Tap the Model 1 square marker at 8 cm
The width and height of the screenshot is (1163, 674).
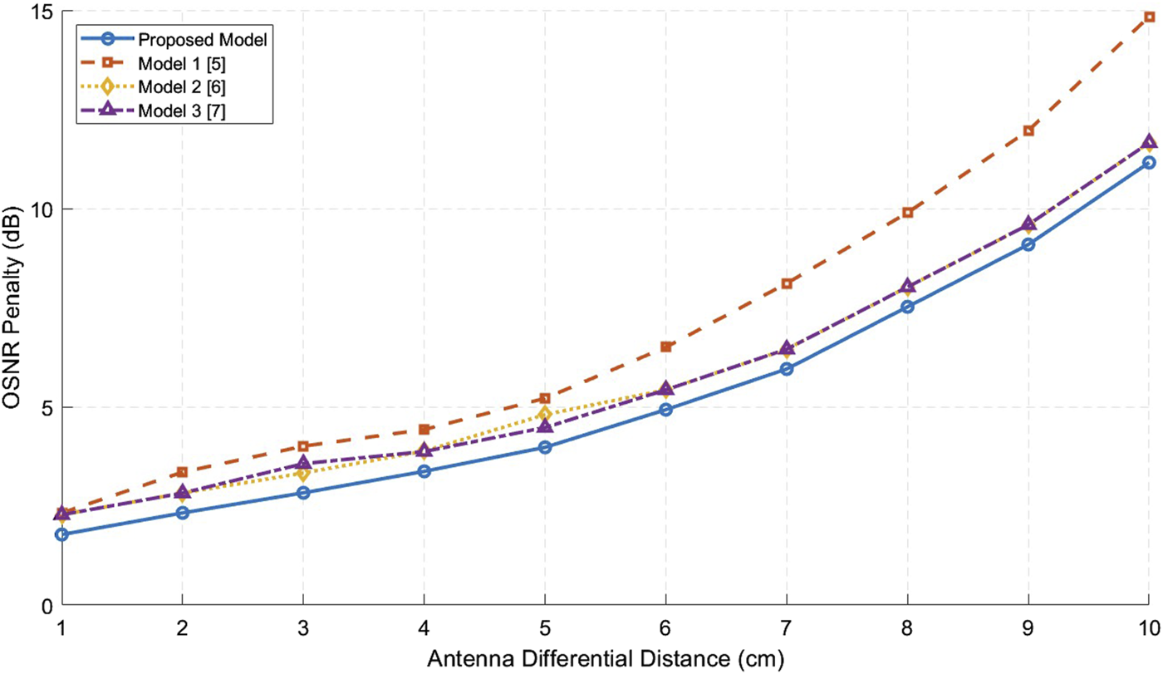tap(908, 213)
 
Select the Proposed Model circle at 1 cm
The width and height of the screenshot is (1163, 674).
tap(61, 534)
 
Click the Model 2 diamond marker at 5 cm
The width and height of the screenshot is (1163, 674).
tap(545, 414)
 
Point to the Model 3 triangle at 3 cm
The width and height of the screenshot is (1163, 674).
tap(303, 463)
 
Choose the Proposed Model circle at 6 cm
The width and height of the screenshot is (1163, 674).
tap(666, 410)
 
